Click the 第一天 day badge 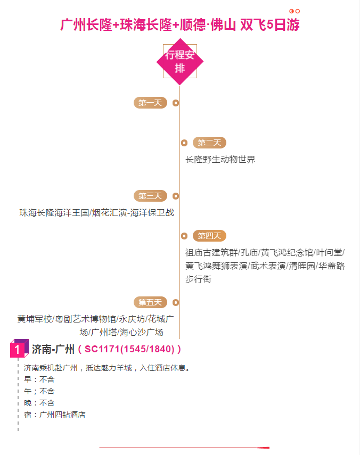coord(150,103)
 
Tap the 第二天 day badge coord(209,143)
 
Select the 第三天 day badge coord(150,196)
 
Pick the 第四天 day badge coord(209,236)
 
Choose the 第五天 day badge coord(150,302)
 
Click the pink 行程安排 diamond coord(180,62)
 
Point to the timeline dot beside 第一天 coord(176,103)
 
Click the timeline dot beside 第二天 coord(184,143)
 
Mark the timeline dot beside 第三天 coord(176,196)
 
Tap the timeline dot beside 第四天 coord(184,236)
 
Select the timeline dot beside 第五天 coord(176,303)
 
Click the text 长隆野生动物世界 coord(220,159)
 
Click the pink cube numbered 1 coord(19,348)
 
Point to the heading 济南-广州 coord(53,349)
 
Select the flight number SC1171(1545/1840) coord(129,349)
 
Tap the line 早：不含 coord(39,379)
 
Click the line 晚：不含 coord(39,403)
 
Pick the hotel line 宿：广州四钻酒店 coord(55,415)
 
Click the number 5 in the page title coord(270,24)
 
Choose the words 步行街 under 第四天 coord(199,279)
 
